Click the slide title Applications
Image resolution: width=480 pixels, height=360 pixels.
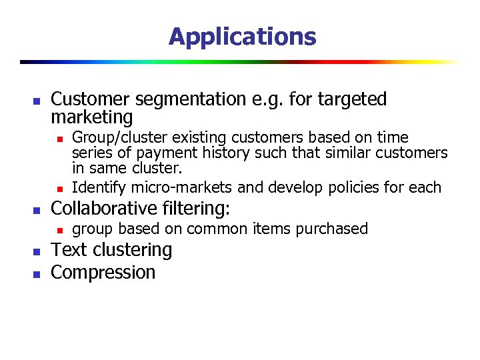[x=242, y=36]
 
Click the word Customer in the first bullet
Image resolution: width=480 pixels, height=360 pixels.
[x=91, y=99]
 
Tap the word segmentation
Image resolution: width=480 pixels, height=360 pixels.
[x=191, y=99]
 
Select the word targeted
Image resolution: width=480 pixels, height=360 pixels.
[x=352, y=99]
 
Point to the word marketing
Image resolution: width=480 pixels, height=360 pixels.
[x=92, y=118]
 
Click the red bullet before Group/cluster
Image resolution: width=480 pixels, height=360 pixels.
[x=59, y=139]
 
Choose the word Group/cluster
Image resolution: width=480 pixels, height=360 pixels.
[x=119, y=138]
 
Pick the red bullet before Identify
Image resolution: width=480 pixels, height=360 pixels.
[x=59, y=188]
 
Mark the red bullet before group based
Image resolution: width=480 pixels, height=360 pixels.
[x=59, y=230]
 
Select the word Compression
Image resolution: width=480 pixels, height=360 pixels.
[x=103, y=272]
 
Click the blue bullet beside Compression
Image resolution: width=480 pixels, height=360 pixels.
[x=37, y=273]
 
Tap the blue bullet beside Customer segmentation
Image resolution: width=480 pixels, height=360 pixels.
[x=37, y=101]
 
